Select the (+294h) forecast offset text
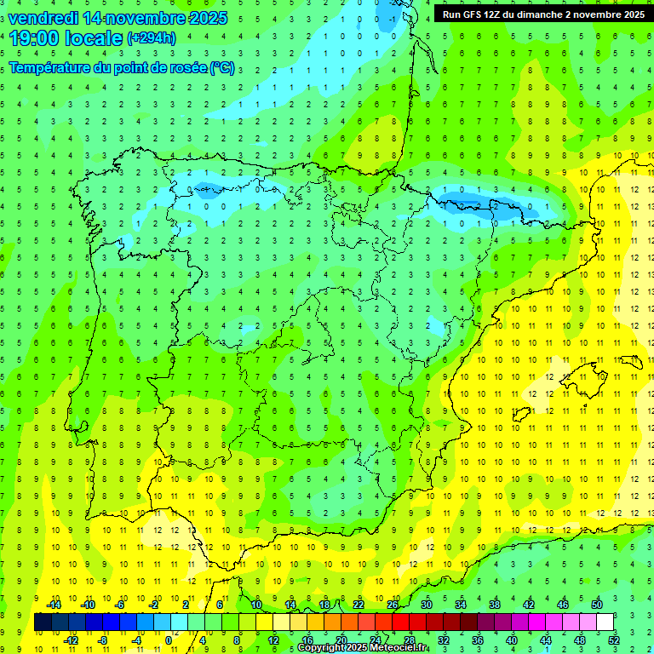tap(151, 38)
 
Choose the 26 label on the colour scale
tap(393, 605)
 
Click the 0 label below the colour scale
tap(169, 640)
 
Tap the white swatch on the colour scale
tap(605, 622)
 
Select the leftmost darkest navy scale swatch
tap(43, 622)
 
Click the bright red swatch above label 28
tap(401, 622)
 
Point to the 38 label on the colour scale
tap(495, 605)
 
